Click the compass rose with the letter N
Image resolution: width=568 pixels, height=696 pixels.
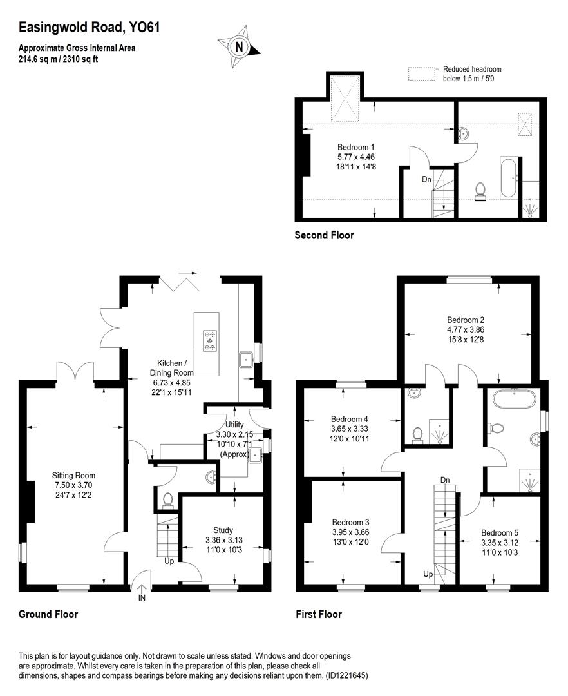(240, 46)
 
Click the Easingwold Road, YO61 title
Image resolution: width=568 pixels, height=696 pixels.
(90, 27)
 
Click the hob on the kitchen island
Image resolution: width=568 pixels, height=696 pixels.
(209, 341)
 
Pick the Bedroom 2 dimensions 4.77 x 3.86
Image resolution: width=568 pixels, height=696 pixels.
(466, 329)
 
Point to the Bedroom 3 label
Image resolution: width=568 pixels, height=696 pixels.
(350, 522)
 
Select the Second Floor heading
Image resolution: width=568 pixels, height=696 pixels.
(324, 235)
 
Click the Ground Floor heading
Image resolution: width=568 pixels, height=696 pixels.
(48, 614)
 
